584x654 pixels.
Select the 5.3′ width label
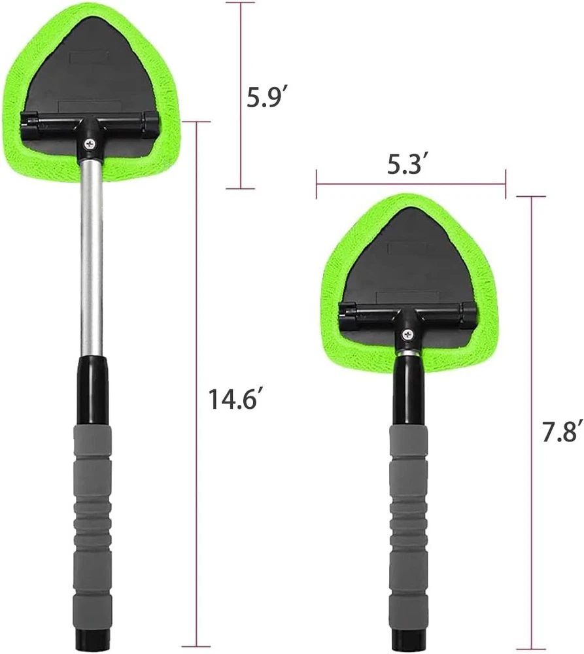tap(407, 163)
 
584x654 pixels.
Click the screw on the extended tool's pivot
tap(90, 145)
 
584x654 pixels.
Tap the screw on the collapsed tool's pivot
tap(407, 334)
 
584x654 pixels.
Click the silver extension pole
tap(92, 256)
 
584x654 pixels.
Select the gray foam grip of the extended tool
tap(93, 518)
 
